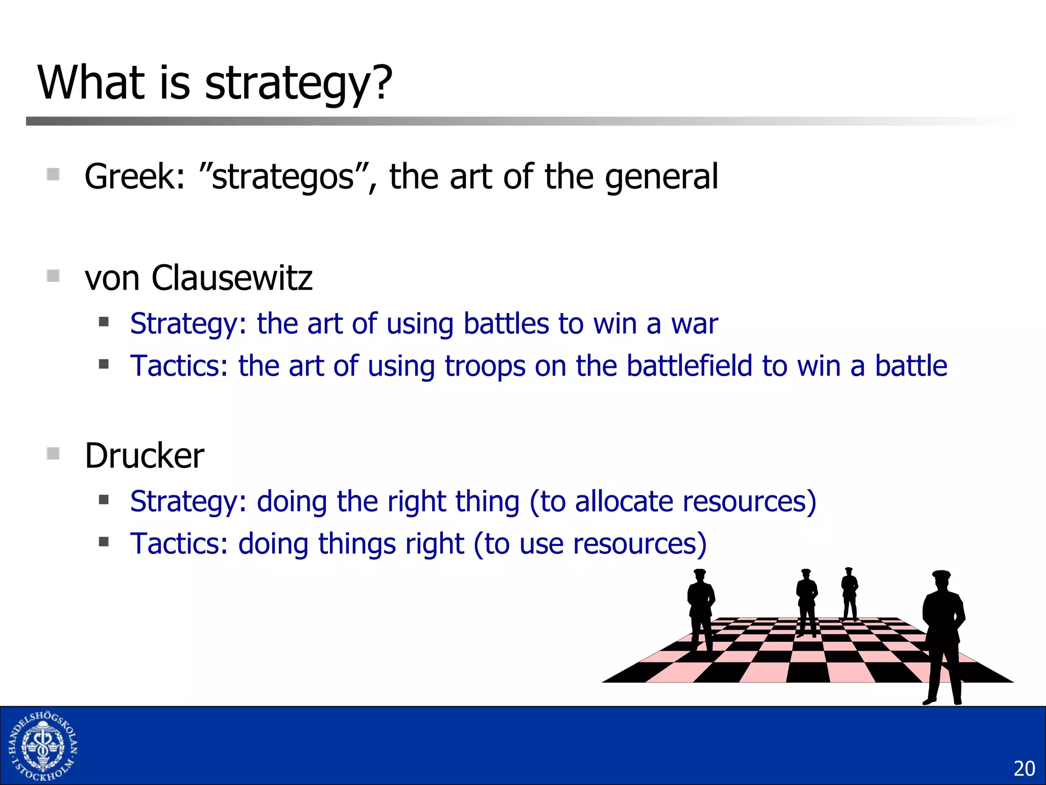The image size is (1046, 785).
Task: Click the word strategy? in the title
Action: coord(298,84)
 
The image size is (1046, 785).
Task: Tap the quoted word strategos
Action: coord(284,177)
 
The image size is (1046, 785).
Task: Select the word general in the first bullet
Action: coord(661,177)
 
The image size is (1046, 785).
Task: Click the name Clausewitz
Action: coord(232,279)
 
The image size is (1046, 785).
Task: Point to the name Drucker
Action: coord(145,456)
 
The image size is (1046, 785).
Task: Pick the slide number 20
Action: coord(1024,769)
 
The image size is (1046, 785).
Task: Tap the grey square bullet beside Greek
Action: coord(53,175)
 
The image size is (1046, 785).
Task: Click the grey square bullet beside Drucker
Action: coord(53,454)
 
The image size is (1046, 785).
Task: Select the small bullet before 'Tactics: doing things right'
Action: coord(104,542)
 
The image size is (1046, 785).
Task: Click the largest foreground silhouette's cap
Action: coord(941,575)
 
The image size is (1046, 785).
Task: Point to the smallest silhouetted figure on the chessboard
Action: coord(849,593)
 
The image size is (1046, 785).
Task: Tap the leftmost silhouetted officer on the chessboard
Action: coord(701,611)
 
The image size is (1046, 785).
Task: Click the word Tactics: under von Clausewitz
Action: coord(179,366)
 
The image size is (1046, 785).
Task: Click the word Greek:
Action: coord(134,177)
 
